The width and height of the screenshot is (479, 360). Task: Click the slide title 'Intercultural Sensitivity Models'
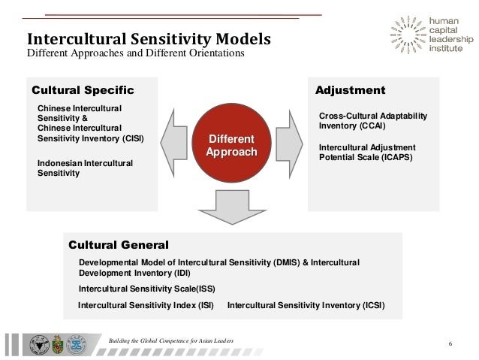tap(149, 38)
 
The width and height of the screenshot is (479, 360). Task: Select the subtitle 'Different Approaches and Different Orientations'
tap(135, 54)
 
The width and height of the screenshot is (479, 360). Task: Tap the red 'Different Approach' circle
tap(231, 145)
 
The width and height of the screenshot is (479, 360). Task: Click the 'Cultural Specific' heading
tap(83, 91)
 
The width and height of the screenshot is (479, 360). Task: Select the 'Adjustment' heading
tap(350, 91)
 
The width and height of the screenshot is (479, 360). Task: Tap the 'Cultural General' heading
tap(119, 244)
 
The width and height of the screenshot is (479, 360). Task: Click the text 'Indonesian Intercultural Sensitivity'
tap(85, 168)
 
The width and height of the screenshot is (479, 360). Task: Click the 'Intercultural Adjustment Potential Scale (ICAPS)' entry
tap(366, 153)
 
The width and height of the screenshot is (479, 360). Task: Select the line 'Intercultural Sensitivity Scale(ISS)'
tap(140, 288)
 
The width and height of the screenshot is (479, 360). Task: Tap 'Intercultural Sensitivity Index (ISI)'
tap(146, 305)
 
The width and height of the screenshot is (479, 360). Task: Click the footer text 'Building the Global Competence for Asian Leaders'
tap(171, 341)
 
